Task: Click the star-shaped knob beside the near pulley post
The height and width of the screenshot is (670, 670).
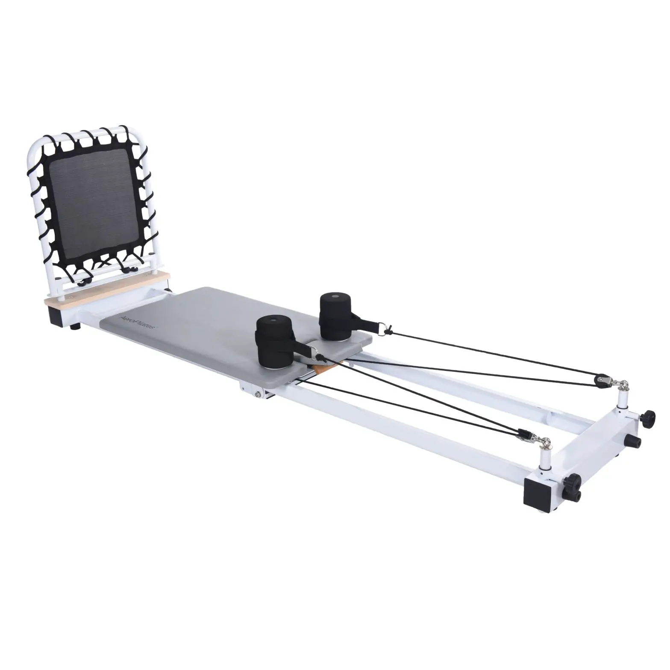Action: point(574,480)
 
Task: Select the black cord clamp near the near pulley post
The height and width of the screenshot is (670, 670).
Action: point(523,434)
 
